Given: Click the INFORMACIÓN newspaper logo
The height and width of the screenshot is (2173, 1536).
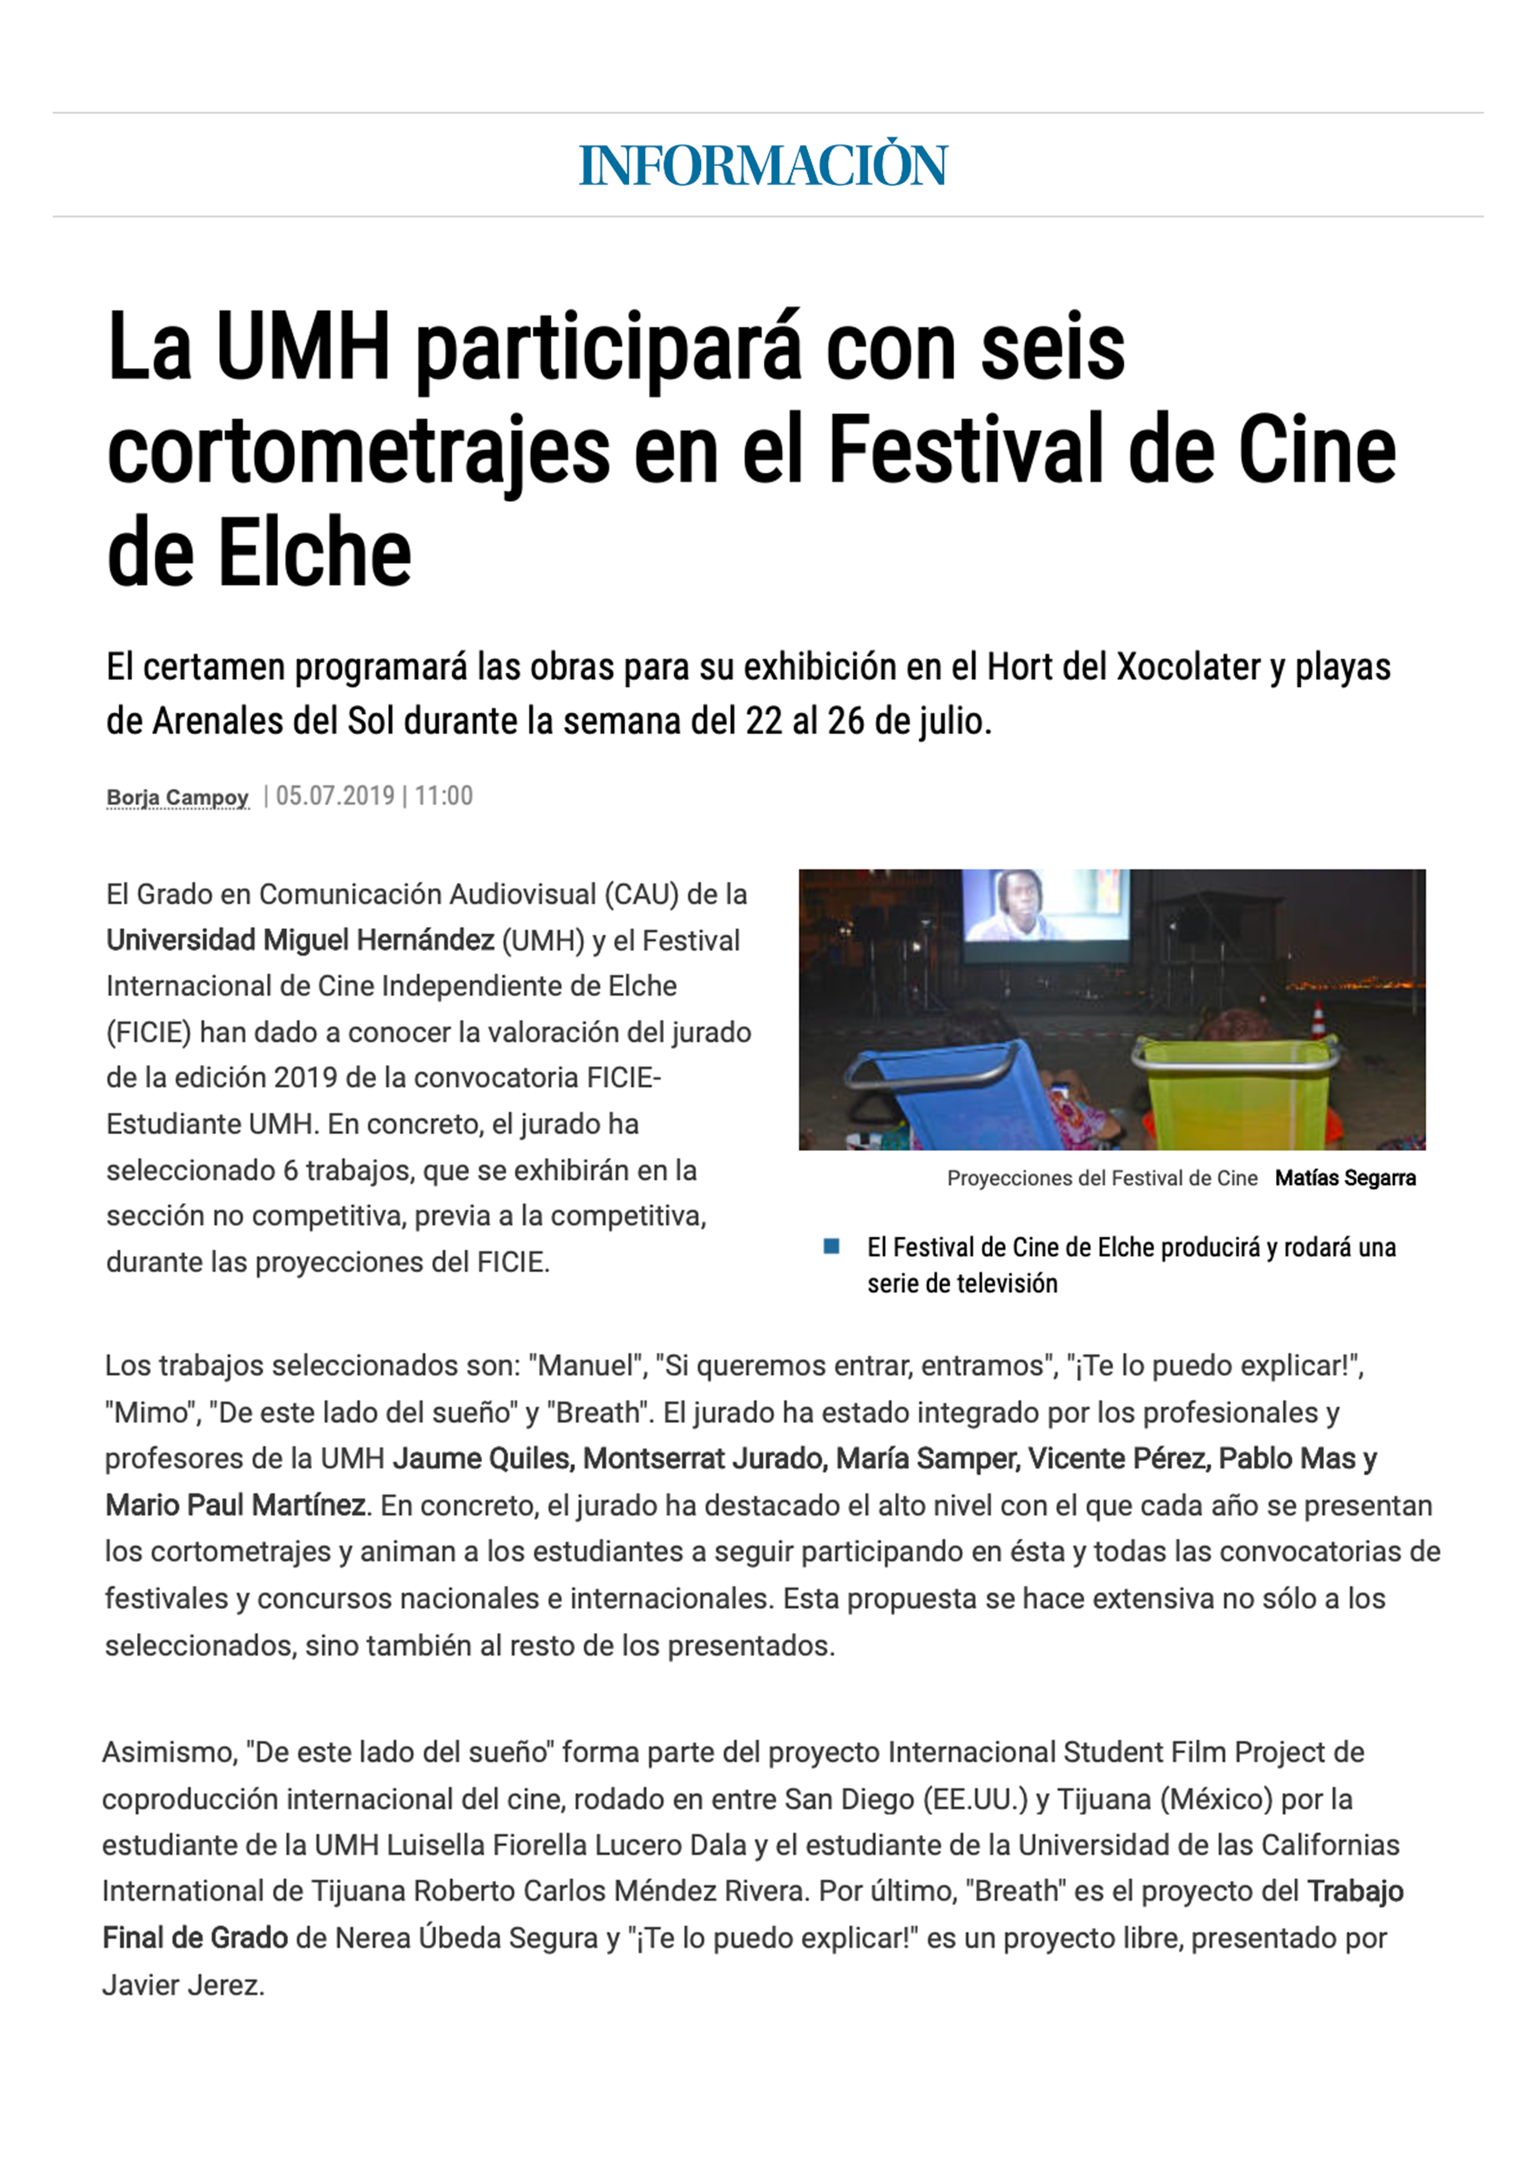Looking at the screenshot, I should pyautogui.click(x=763, y=165).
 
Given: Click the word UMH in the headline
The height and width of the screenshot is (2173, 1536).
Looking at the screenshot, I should pyautogui.click(x=303, y=348).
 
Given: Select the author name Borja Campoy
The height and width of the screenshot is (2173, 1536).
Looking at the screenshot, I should pyautogui.click(x=177, y=798).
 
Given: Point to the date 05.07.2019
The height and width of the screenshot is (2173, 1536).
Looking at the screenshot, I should pyautogui.click(x=335, y=796).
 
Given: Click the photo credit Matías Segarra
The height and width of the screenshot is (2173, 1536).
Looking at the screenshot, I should pyautogui.click(x=1345, y=1178).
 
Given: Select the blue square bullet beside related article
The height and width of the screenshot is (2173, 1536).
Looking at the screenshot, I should pyautogui.click(x=832, y=1246).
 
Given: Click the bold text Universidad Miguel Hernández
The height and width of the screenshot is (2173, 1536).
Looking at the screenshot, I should pyautogui.click(x=300, y=940).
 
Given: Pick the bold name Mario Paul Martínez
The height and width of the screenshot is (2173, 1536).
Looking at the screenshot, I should pyautogui.click(x=235, y=1505).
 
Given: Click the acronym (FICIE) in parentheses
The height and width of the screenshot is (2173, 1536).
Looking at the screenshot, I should pyautogui.click(x=149, y=1031).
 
